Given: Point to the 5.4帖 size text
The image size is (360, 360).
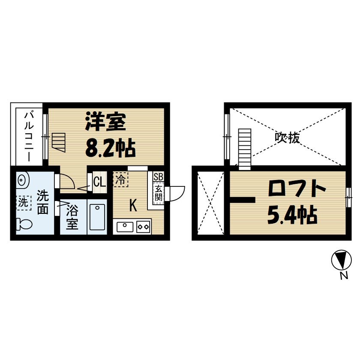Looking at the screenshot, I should [x=292, y=215].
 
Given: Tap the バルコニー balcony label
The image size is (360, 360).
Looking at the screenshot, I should [x=29, y=136].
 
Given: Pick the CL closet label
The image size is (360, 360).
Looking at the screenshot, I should [x=99, y=182].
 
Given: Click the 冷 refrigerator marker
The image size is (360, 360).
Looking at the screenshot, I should [x=120, y=179].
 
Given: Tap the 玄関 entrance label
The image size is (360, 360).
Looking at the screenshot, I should [x=158, y=193].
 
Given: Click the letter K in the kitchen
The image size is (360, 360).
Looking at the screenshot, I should [x=133, y=206].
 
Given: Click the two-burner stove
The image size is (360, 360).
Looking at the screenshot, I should [x=143, y=226].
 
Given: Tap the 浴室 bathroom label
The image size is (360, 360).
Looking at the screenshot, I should [x=72, y=217].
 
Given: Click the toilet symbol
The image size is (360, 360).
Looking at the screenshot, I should [x=23, y=224].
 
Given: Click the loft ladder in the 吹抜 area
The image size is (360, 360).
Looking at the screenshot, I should [x=244, y=148].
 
